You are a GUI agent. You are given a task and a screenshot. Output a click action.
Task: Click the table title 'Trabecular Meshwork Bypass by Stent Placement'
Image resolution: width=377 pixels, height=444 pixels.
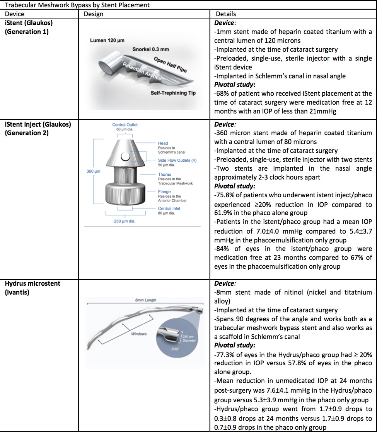[x=77, y=5]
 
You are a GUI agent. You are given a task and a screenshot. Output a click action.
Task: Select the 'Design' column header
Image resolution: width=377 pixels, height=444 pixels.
[x=93, y=14]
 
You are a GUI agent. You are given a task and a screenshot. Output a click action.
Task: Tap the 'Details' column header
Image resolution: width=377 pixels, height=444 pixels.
[x=226, y=14]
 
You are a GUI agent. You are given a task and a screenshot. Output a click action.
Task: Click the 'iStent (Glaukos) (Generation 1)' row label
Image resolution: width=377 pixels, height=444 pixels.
[x=29, y=27]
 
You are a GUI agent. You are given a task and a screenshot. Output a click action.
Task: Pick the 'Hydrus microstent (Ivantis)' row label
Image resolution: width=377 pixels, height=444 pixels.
[x=32, y=288]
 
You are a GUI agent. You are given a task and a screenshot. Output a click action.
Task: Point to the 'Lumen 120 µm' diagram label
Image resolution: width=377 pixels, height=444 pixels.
[x=107, y=41]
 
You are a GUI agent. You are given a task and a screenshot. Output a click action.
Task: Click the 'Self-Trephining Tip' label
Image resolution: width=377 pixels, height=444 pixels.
[x=173, y=93]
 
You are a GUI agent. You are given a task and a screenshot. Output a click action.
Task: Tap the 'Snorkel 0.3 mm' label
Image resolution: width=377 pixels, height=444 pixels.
[x=150, y=49]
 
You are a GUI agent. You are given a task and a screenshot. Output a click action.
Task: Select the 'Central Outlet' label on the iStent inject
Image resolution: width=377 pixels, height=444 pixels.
[x=125, y=125]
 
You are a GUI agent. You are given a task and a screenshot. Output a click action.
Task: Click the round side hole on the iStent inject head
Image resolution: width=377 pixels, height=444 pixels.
[x=125, y=156]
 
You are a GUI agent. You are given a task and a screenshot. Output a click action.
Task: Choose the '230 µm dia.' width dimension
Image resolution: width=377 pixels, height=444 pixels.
[x=125, y=221]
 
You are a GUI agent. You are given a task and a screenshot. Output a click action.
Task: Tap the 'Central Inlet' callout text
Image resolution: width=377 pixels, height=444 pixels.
[x=169, y=208]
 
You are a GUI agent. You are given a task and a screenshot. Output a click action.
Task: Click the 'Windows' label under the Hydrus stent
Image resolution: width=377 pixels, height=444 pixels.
[x=139, y=334]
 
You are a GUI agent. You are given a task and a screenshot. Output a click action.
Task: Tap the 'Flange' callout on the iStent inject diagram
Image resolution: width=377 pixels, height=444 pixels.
[x=164, y=191]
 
